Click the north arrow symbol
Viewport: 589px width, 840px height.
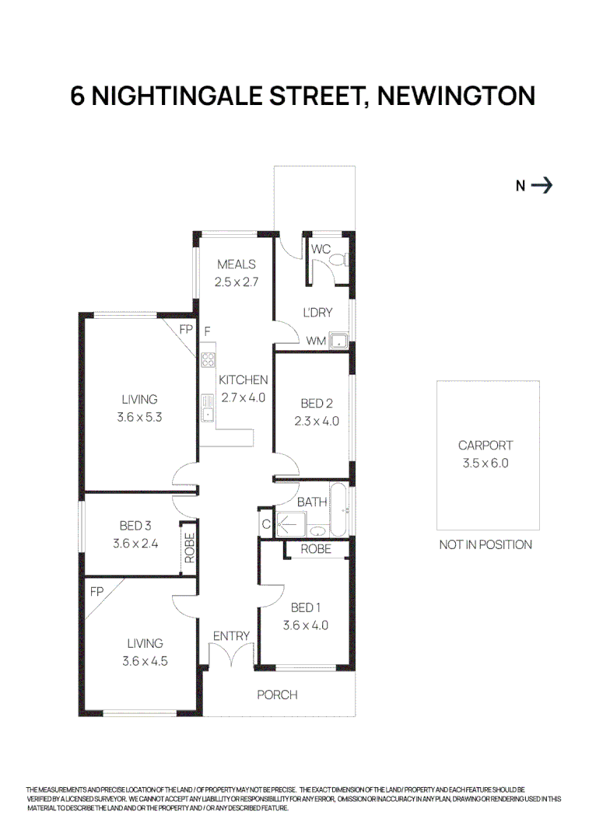tap(542, 185)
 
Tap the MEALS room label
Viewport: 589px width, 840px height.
tap(237, 264)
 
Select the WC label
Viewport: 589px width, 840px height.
tap(321, 250)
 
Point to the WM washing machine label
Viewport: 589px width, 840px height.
tap(316, 341)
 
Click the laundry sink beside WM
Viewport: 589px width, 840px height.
tap(338, 340)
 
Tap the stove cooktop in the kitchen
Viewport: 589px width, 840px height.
tap(208, 359)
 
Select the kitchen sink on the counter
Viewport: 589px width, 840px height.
tap(208, 407)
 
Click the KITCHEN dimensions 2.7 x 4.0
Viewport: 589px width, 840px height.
tap(244, 397)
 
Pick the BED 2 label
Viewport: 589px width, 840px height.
tap(317, 404)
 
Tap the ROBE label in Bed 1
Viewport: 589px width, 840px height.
tap(315, 549)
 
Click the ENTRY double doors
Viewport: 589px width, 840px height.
tap(231, 656)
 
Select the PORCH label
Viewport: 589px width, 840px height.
tap(277, 695)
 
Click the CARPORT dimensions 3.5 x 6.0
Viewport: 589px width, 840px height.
tap(486, 463)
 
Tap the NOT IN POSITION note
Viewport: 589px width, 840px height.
tap(486, 544)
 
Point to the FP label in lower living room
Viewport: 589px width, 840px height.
tap(96, 591)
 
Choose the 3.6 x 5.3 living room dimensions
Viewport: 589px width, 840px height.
tap(139, 417)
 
